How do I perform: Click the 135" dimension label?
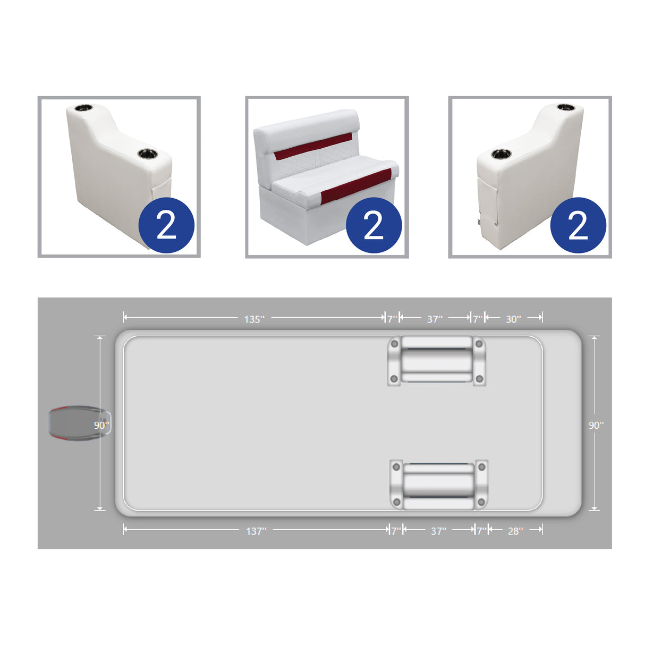click(x=254, y=319)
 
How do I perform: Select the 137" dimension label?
click(x=256, y=531)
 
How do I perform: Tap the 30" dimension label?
click(x=513, y=319)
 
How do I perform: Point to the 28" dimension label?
click(x=515, y=531)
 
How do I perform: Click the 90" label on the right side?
click(x=596, y=426)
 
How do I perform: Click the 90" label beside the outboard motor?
click(x=101, y=426)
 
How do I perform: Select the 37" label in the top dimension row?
click(x=435, y=319)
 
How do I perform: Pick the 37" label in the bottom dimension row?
click(x=438, y=531)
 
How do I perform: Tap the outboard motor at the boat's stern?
click(x=74, y=423)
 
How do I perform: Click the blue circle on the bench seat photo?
click(x=374, y=225)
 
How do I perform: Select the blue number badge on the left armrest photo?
click(x=166, y=225)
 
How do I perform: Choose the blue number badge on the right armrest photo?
click(x=578, y=225)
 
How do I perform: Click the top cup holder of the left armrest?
click(x=83, y=108)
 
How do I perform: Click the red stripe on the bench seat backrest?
click(x=313, y=147)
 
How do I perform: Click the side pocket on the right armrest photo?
click(x=488, y=202)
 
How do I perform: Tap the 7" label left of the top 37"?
click(x=392, y=319)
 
